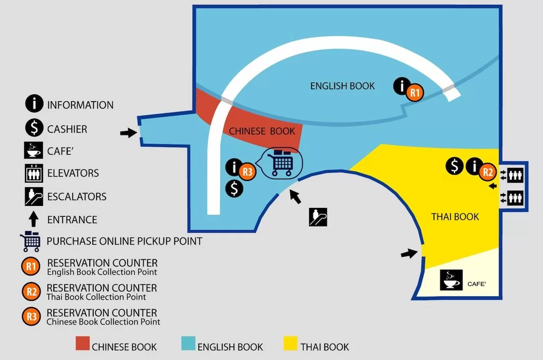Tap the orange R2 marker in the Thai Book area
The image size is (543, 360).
click(x=487, y=171)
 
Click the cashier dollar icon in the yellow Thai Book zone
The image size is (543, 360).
click(x=455, y=166)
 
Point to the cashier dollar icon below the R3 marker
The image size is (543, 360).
click(x=235, y=189)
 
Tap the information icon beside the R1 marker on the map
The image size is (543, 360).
click(x=402, y=86)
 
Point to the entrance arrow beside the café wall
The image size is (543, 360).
click(x=408, y=253)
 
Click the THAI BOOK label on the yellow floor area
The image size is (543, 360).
click(x=455, y=216)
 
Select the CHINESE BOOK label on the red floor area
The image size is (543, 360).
click(x=262, y=131)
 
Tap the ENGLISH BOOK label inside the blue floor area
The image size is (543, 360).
click(x=342, y=86)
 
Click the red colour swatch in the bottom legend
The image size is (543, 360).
click(x=82, y=344)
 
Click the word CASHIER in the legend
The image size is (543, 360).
click(x=67, y=129)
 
